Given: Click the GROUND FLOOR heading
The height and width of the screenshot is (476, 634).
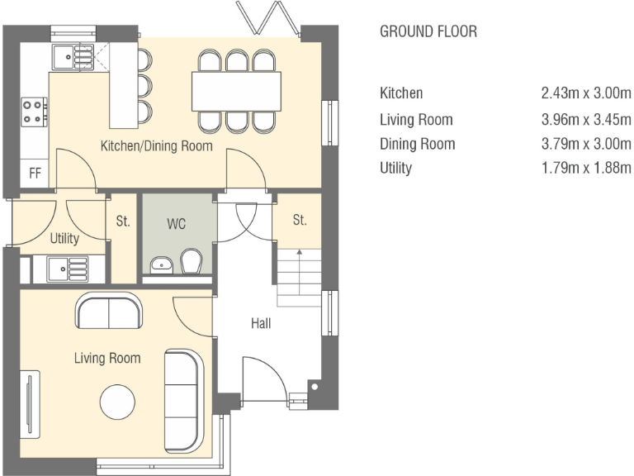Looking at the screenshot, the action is point(428,31).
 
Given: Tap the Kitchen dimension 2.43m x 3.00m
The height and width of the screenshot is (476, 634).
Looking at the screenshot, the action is point(586,93).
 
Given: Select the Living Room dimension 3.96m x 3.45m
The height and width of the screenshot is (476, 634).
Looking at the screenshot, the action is point(586,119).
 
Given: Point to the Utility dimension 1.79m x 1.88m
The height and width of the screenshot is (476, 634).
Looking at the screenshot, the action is point(586,168).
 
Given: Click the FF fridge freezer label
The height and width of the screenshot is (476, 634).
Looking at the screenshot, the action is point(35,174).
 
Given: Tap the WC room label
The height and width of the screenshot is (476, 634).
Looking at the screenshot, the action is point(177,224).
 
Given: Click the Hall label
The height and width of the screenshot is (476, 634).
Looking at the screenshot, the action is point(261,323).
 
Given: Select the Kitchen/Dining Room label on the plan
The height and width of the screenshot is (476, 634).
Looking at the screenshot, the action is point(157,145).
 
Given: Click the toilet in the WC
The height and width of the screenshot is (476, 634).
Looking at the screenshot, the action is point(191,261).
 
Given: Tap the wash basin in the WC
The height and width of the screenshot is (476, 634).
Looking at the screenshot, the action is point(161,265).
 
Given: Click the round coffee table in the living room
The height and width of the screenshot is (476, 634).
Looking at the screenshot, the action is point(117,402).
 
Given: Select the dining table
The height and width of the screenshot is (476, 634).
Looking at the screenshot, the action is point(236,91).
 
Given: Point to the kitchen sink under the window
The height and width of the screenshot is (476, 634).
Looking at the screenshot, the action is point(73,57).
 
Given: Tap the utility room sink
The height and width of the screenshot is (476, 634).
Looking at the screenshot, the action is point(67,269).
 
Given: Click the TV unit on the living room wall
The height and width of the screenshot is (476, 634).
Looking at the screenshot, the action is point(30,404).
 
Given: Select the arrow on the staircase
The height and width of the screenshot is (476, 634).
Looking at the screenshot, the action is point(299,272).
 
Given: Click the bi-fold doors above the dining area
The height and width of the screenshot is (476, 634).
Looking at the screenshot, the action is point(268,18).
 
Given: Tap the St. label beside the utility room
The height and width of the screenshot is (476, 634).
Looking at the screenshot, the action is point(123,221).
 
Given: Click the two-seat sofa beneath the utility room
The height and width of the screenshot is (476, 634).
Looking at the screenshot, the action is point(109,311).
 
